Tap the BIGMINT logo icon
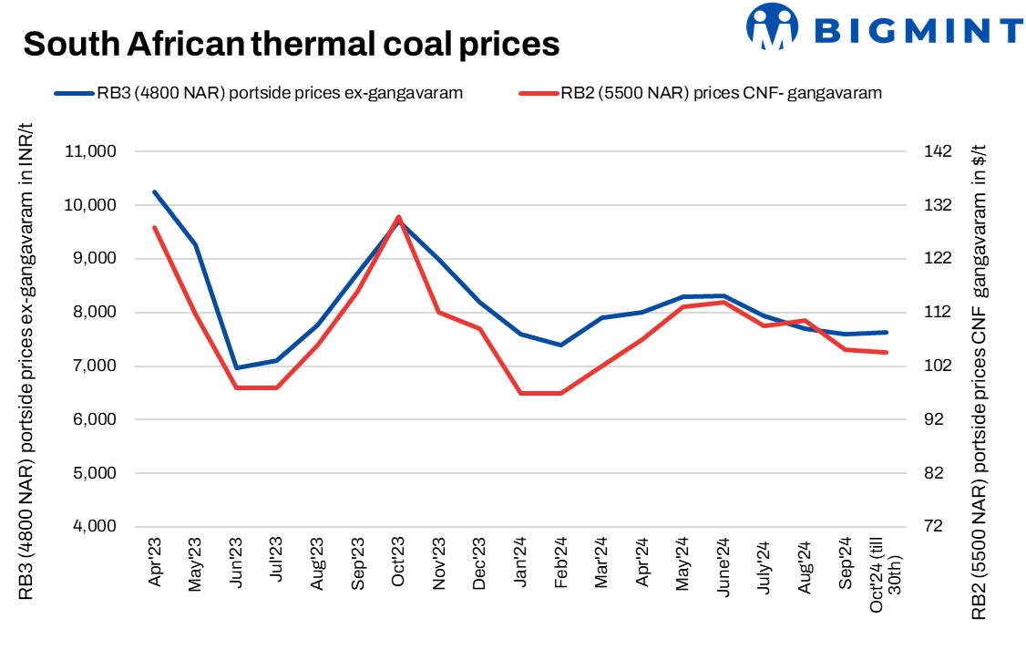pyautogui.click(x=770, y=26)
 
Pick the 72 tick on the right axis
pyautogui.click(x=930, y=527)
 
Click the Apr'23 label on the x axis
pyautogui.click(x=156, y=565)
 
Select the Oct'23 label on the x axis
pyautogui.click(x=397, y=565)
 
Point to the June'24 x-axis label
pyautogui.click(x=723, y=568)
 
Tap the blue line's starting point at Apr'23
pyautogui.click(x=155, y=192)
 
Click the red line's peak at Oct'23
pyautogui.click(x=398, y=217)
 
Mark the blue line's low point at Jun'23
pyautogui.click(x=236, y=368)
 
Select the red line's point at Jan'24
pyautogui.click(x=520, y=393)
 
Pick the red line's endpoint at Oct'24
pyautogui.click(x=887, y=353)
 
